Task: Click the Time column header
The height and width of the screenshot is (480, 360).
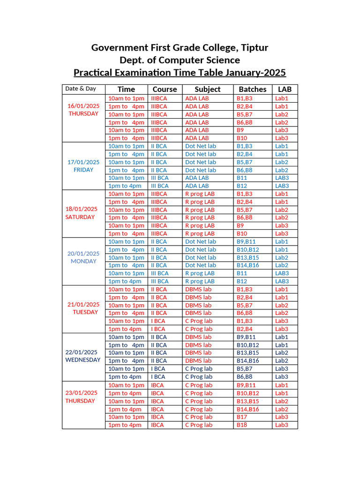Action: click(x=126, y=89)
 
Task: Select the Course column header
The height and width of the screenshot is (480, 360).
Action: click(x=165, y=89)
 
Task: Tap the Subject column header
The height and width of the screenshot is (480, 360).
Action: click(x=208, y=89)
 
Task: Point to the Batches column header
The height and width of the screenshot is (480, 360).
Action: click(x=253, y=89)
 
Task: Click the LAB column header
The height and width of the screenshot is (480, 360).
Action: click(x=285, y=89)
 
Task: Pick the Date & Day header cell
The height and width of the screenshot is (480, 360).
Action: click(x=81, y=89)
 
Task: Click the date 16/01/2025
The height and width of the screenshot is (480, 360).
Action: click(x=83, y=106)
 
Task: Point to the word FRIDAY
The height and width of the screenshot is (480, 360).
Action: click(x=83, y=170)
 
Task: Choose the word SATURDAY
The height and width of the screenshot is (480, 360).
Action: click(x=80, y=217)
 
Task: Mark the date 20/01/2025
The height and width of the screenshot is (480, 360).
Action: click(x=83, y=254)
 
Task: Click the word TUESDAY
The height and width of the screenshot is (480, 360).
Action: click(x=85, y=312)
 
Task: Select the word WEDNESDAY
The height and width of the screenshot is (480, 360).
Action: click(x=82, y=360)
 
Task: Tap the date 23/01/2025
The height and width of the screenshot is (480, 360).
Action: click(x=82, y=393)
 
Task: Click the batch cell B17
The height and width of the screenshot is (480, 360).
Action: click(x=242, y=417)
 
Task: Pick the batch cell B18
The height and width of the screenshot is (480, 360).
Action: click(x=242, y=425)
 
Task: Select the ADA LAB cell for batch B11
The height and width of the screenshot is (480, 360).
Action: click(x=197, y=178)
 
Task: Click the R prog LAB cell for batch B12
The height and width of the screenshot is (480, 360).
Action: click(x=200, y=281)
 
